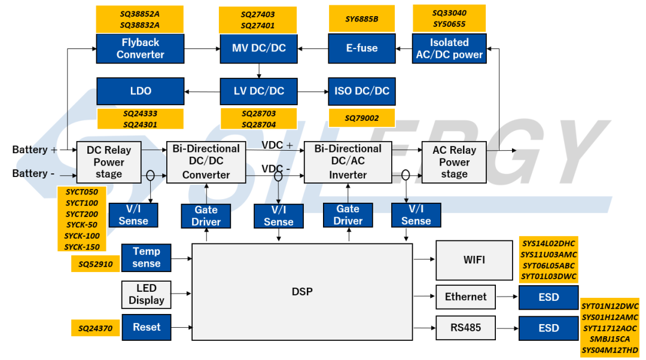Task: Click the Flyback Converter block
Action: pos(140,48)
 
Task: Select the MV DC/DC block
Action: pos(259,48)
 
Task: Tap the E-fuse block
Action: pos(362,48)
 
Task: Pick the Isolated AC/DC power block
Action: pos(449,48)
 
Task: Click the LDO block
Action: pos(141,91)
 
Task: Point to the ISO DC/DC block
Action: pos(362,91)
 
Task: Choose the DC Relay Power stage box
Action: pos(109,162)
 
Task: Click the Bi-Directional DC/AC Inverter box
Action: pos(348,162)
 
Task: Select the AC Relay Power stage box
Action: pos(454,162)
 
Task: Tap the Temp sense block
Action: pos(147,258)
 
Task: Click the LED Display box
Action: pos(147,294)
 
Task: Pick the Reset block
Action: pos(147,328)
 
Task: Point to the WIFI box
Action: pos(474,260)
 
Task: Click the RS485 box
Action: pos(465,328)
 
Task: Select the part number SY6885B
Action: pos(362,19)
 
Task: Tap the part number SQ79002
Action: pos(362,118)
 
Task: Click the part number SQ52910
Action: pos(96,264)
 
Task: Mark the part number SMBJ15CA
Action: pos(610,340)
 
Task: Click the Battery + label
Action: pos(35,150)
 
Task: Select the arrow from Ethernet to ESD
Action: pos(507,296)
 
